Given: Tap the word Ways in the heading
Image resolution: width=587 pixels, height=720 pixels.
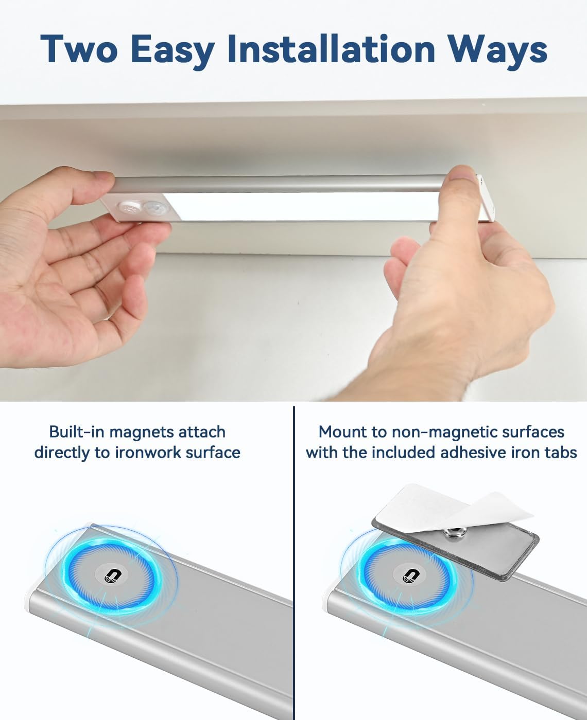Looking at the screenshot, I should tap(497, 50).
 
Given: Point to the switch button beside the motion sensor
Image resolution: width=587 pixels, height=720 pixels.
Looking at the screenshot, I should tap(127, 208).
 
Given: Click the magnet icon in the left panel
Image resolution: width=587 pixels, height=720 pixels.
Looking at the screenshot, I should tap(110, 575).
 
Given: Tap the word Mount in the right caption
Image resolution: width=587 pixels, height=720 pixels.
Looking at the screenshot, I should tap(340, 431).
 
